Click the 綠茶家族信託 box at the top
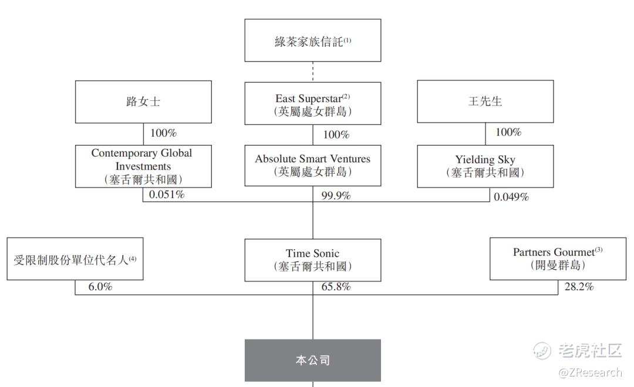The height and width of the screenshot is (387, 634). click(x=312, y=40)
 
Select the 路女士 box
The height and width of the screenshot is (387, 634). click(x=143, y=102)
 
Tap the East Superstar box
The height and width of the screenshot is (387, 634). click(x=312, y=103)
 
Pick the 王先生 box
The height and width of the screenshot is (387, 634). click(x=485, y=101)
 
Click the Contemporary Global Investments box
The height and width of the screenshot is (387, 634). click(x=143, y=166)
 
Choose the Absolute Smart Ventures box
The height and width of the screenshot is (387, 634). click(x=312, y=165)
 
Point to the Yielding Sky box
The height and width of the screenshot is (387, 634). click(x=485, y=166)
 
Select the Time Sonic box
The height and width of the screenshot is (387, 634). click(x=312, y=260)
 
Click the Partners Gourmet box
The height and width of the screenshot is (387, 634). click(x=558, y=259)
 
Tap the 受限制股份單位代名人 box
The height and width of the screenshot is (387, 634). click(x=75, y=259)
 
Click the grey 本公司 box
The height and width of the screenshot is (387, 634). click(x=312, y=361)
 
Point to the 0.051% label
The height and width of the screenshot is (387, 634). click(x=167, y=194)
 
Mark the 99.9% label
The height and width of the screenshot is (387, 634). click(x=336, y=195)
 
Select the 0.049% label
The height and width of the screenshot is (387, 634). click(x=511, y=197)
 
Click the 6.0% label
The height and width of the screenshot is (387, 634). click(x=100, y=287)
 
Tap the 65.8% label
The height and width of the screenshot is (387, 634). click(x=336, y=287)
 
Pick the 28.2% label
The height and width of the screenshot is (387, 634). click(x=579, y=287)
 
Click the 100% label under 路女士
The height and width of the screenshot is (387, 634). click(x=163, y=133)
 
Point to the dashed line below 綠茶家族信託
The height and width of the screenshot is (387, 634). click(x=312, y=72)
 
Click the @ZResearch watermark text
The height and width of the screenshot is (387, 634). click(x=590, y=372)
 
